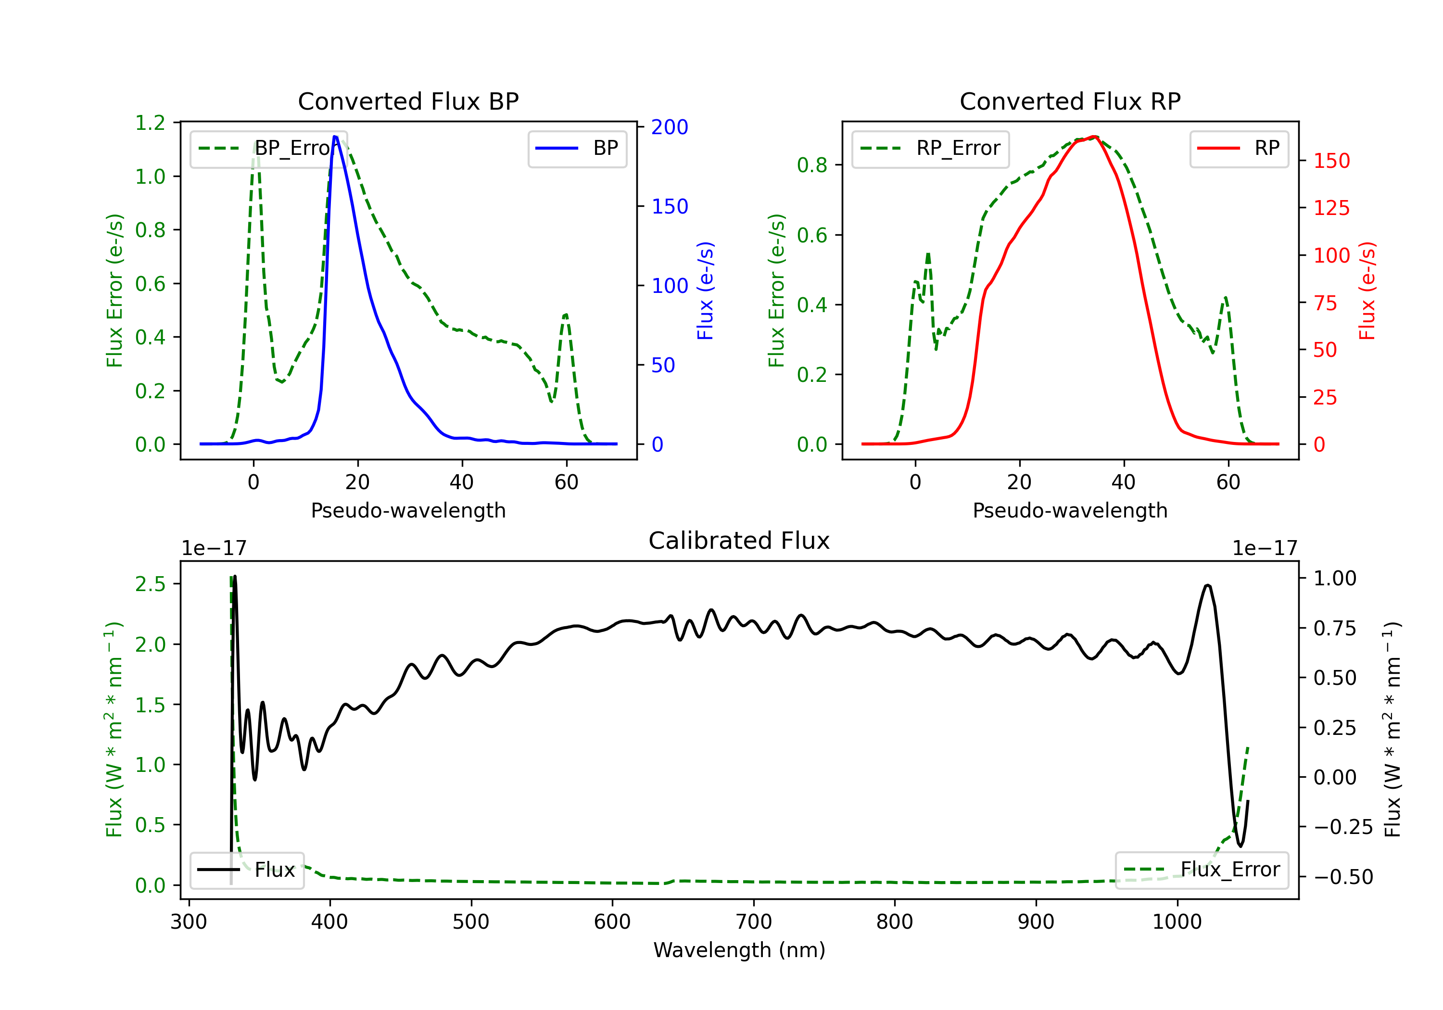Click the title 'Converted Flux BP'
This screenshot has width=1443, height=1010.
(x=408, y=101)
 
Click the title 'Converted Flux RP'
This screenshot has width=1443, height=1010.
(x=1070, y=101)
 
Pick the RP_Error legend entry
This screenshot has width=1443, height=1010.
(x=930, y=148)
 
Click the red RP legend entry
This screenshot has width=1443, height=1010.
(x=1239, y=148)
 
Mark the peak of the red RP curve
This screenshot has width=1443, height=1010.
(x=1094, y=137)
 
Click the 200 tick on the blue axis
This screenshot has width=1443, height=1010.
(x=670, y=127)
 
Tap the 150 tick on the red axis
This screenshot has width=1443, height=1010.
(x=1331, y=161)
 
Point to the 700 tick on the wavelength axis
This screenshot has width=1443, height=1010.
(x=754, y=922)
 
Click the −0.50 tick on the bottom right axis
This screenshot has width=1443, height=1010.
(x=1343, y=877)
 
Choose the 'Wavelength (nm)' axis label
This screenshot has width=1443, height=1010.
(x=739, y=950)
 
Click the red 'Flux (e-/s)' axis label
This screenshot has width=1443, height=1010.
(x=1367, y=290)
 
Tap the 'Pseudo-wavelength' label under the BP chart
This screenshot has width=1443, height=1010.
(x=408, y=510)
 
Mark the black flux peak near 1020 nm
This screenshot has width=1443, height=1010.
(x=1207, y=586)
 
